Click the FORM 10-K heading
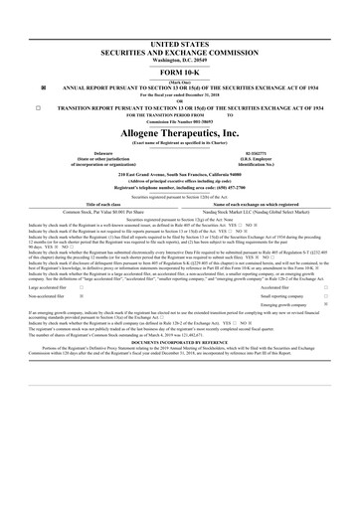pyautogui.click(x=179, y=73)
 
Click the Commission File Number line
pyautogui.click(x=179, y=121)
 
